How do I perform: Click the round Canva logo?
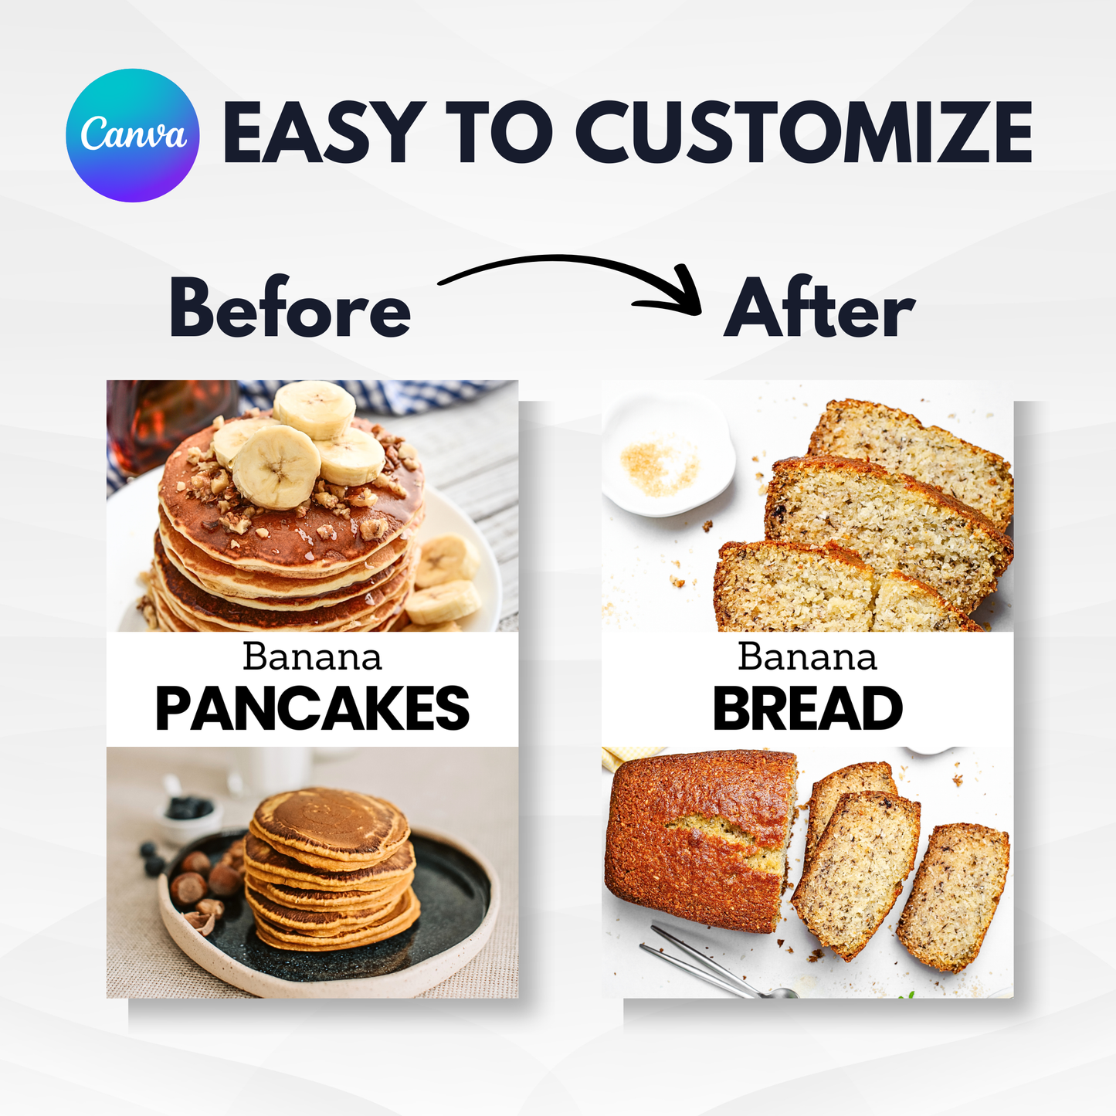click(x=133, y=135)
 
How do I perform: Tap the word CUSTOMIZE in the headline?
click(x=804, y=132)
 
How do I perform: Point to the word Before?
click(x=290, y=307)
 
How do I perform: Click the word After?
click(x=819, y=307)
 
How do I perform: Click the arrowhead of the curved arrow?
click(x=677, y=293)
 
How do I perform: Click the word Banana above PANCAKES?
click(x=312, y=656)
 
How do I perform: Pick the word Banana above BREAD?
click(x=807, y=656)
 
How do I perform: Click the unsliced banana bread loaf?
click(x=700, y=840)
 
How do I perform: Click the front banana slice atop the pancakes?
click(x=276, y=467)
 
